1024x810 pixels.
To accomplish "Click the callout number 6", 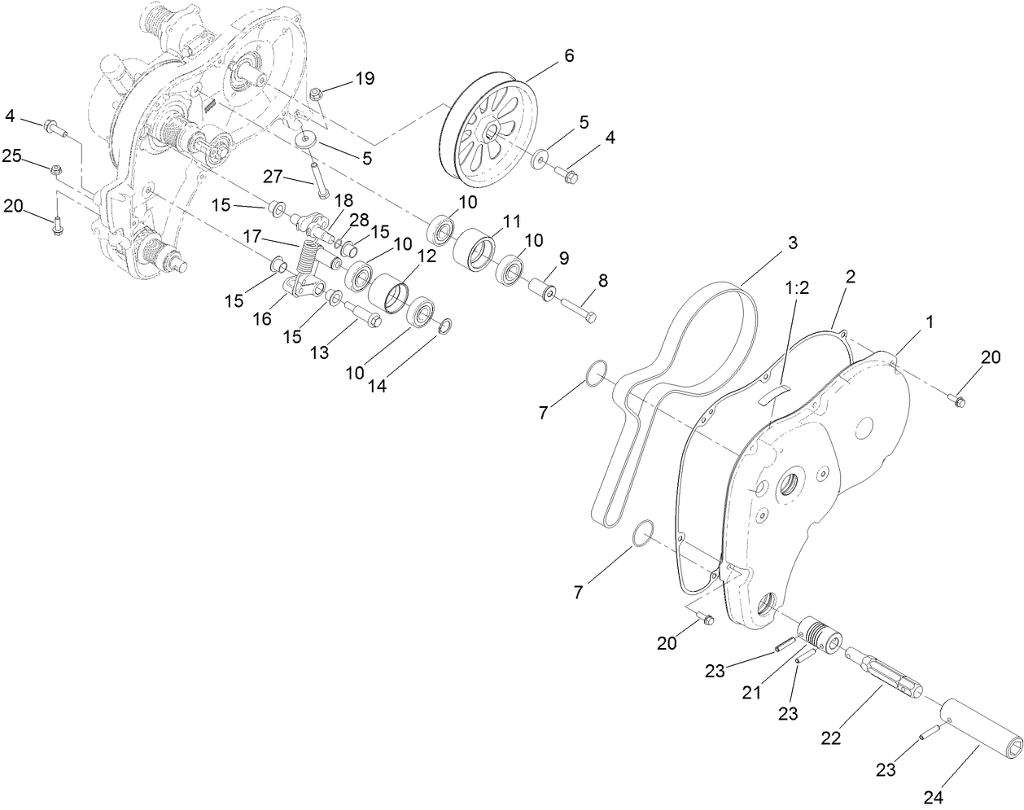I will point(568,55).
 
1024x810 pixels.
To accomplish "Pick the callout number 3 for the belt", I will point(792,243).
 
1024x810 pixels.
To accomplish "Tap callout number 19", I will point(364,79).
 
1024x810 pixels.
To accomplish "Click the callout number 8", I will point(602,281).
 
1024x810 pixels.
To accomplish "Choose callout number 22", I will point(832,738).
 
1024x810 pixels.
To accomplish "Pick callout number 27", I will point(273,176).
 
